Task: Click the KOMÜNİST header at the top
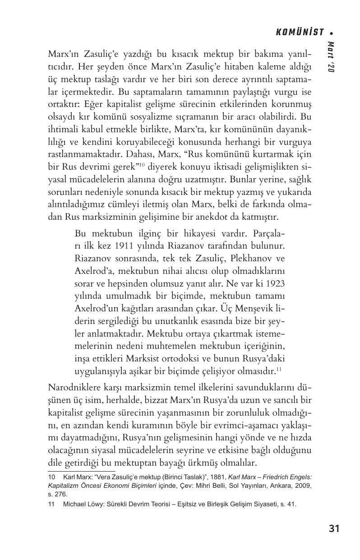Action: click(x=300, y=32)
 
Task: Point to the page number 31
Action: click(x=334, y=528)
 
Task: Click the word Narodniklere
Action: click(x=74, y=388)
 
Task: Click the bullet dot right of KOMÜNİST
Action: click(x=332, y=32)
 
